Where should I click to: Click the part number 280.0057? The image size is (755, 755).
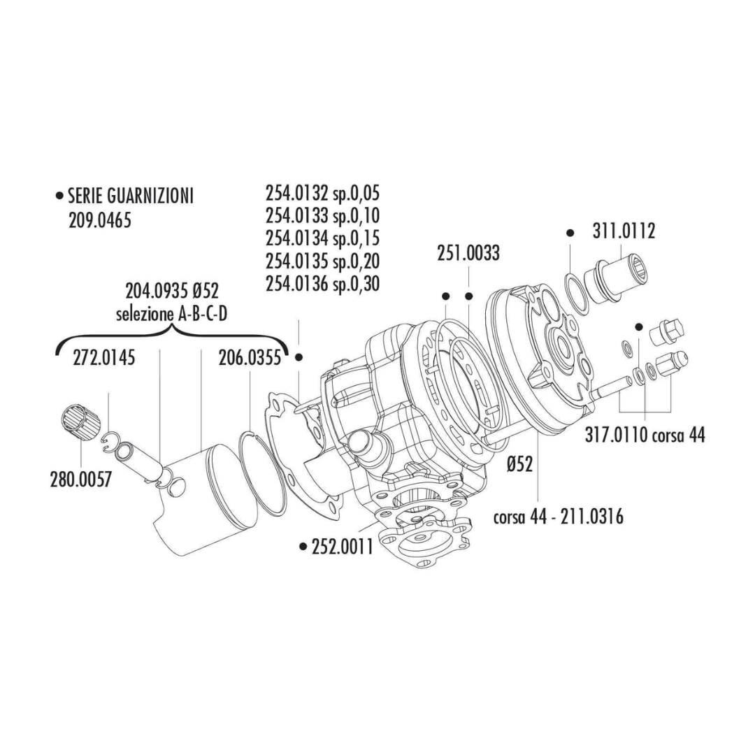[x=80, y=481]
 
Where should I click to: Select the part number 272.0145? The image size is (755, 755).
[x=103, y=359]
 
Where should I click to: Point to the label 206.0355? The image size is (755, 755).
[x=250, y=359]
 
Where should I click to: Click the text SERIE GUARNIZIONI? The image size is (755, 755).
[x=130, y=196]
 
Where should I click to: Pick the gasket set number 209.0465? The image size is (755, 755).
[x=100, y=220]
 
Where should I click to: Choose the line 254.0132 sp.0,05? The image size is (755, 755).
[x=322, y=194]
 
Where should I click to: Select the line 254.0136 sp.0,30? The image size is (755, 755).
[x=322, y=285]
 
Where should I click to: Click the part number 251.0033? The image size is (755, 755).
[x=468, y=253]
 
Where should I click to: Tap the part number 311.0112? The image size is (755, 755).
[x=624, y=231]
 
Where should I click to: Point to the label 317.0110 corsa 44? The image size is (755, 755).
[x=645, y=436]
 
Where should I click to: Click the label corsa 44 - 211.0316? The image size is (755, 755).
[x=559, y=517]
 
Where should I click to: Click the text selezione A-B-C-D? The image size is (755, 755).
[x=172, y=315]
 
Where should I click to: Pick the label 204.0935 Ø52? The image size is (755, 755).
[x=172, y=291]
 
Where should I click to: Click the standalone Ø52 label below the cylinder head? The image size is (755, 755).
[x=521, y=465]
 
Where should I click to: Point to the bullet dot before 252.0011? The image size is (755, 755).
[x=302, y=546]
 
